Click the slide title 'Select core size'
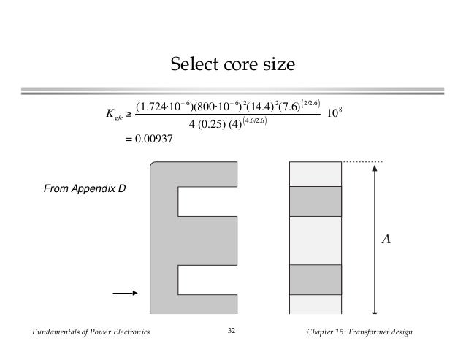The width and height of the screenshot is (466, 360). [x=232, y=65]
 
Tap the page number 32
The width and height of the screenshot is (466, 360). [x=232, y=333]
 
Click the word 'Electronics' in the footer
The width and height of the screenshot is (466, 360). [x=127, y=333]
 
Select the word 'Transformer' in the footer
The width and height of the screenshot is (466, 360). [x=372, y=333]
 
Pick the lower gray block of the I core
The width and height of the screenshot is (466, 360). [x=316, y=279]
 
